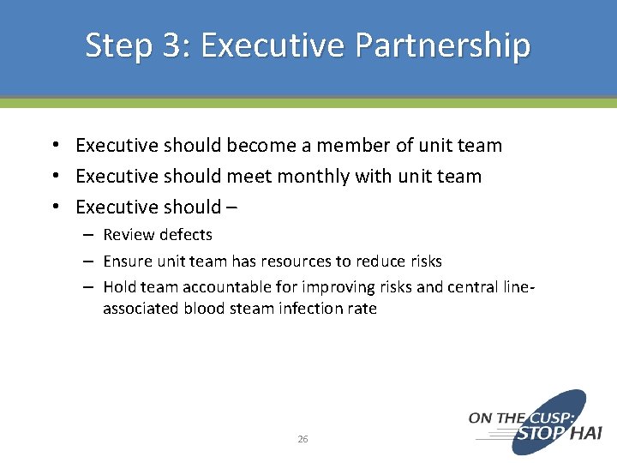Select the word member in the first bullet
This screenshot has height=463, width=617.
click(341, 146)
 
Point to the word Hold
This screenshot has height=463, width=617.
click(119, 287)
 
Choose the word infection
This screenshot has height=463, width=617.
click(301, 309)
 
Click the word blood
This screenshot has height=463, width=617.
click(204, 309)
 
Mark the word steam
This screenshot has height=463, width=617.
click(249, 309)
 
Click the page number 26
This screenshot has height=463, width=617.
click(303, 439)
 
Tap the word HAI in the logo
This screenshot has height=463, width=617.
click(585, 433)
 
